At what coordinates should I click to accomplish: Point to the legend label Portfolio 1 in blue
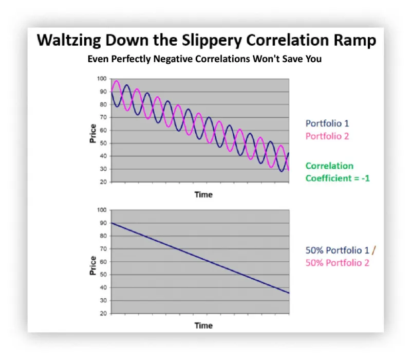[x=327, y=123]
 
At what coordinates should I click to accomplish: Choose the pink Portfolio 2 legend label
[x=328, y=136]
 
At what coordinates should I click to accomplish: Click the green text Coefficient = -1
[x=338, y=178]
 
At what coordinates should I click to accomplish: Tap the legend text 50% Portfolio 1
[x=337, y=250]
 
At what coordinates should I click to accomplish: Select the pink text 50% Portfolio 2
[x=337, y=263]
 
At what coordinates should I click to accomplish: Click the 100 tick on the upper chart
[x=102, y=79]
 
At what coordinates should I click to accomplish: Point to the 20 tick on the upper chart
[x=103, y=182]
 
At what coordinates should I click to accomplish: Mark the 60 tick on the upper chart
[x=103, y=130]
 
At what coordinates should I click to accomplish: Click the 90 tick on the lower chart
[x=103, y=223]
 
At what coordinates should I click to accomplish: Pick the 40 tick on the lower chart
[x=103, y=287]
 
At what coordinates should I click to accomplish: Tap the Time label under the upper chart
[x=203, y=194]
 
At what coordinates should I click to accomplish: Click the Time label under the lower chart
[x=203, y=326]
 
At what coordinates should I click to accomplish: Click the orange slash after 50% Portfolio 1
[x=374, y=250]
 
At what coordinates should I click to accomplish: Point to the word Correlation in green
[x=329, y=166]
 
